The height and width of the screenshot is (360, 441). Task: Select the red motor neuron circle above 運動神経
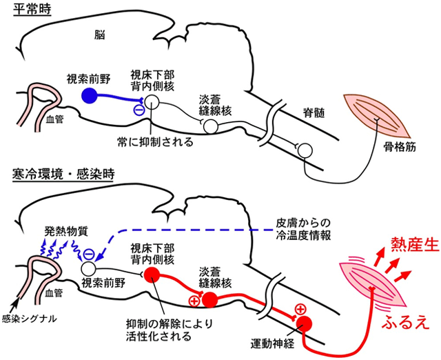coord(305,323)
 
